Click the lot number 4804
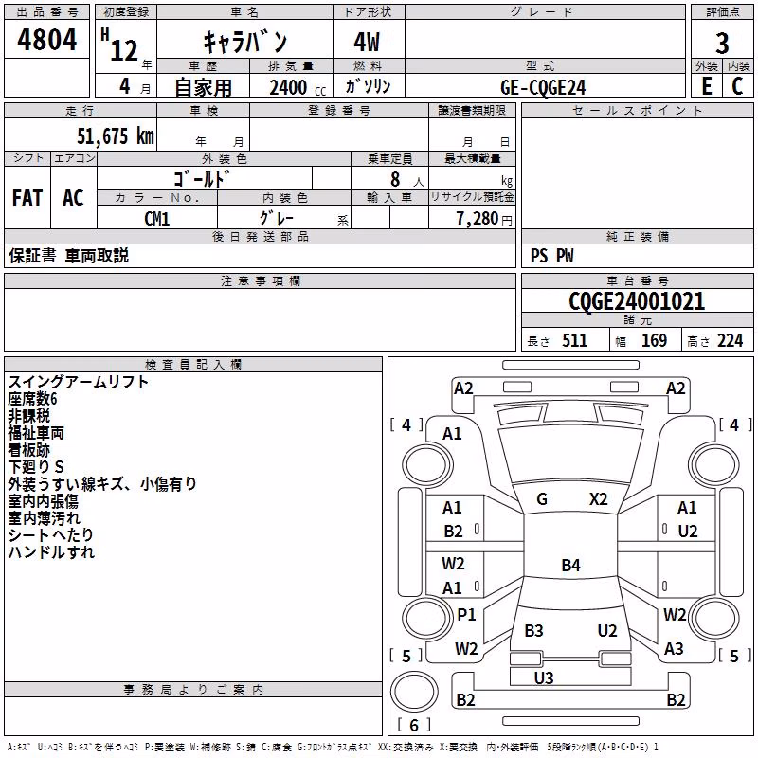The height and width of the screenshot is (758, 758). pos(46,40)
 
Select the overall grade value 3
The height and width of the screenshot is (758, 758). pos(722,44)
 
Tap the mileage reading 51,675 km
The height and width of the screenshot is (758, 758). pos(116,136)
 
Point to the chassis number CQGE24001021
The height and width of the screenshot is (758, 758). pos(637,301)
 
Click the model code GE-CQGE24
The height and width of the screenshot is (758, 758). pos(543,87)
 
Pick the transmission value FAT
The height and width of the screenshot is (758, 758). pos(27,198)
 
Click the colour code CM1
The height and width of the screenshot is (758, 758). pos(157,219)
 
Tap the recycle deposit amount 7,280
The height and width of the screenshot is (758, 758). pos(478,219)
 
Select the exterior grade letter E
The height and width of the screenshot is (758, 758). pos(707,86)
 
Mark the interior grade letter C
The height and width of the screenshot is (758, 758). pos(737,86)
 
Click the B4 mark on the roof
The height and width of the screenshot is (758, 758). pos(571,565)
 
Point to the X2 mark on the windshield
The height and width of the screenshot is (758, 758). pos(599,499)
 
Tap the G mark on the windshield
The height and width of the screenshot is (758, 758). pos(542,499)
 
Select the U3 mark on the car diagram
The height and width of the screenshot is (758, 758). pos(544,677)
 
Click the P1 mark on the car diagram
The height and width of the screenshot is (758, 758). pos(466,614)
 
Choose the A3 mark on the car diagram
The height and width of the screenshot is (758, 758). pos(674,649)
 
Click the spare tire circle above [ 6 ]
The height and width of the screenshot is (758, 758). pos(414,692)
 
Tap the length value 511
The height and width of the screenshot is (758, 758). pos(575,340)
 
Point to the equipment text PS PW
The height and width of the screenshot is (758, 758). pos(552,256)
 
